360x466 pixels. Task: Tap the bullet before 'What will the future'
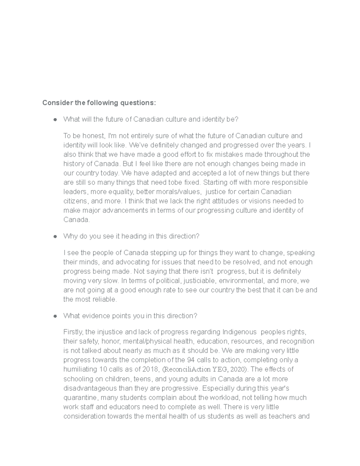(55, 120)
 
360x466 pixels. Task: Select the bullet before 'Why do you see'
(55, 236)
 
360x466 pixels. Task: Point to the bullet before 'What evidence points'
(55, 316)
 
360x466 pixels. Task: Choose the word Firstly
(73, 332)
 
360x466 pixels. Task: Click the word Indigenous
(240, 332)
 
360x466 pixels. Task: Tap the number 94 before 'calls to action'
(190, 360)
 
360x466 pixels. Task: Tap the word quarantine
(80, 398)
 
